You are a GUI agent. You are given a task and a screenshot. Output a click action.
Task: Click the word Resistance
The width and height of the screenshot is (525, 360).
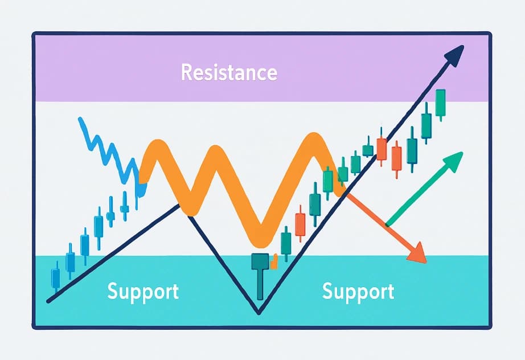coord(229,73)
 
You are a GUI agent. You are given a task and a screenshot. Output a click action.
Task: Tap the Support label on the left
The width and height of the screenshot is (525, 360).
coord(143,291)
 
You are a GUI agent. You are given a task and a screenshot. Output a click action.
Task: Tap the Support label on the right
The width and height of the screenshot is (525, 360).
coord(358,291)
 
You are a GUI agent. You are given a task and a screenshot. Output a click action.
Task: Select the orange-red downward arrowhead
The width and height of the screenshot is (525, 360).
coord(419,254)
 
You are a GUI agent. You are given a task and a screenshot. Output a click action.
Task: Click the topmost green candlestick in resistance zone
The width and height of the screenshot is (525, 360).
coord(440,103)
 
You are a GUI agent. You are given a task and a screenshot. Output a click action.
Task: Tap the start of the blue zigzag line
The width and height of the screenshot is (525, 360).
coord(80,119)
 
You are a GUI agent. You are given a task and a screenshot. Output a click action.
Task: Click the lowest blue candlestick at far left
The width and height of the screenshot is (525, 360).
coord(56,278)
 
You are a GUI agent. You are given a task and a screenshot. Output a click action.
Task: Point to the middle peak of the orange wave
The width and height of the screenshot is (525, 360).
coord(215,153)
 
